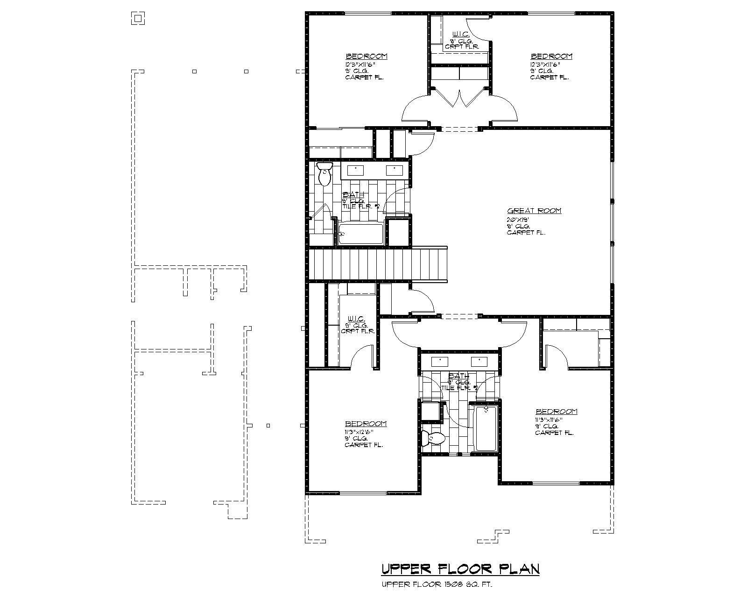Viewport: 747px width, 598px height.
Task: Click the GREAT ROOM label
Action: click(534, 211)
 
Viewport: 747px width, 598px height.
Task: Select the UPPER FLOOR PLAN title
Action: click(460, 569)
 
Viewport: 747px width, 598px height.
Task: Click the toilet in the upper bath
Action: click(324, 173)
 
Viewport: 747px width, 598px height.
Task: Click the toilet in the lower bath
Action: click(433, 438)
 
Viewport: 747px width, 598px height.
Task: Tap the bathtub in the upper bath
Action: click(361, 234)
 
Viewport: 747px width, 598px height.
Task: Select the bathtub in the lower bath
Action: click(486, 429)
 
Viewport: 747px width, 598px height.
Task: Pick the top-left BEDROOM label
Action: click(366, 56)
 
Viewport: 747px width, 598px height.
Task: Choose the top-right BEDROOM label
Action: click(551, 56)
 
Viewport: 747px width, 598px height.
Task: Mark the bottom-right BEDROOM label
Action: click(557, 412)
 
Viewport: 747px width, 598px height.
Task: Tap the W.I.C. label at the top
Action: click(458, 35)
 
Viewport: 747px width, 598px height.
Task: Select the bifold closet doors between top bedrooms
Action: click(460, 98)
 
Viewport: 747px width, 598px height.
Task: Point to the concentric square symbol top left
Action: click(137, 19)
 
